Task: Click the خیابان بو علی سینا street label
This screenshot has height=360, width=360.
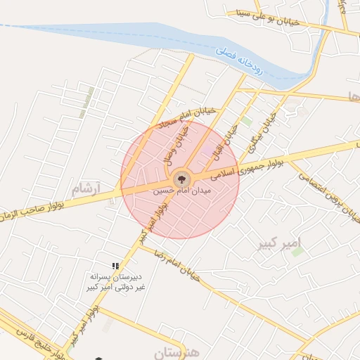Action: coord(270,17)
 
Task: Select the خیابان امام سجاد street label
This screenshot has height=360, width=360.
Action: coord(171,113)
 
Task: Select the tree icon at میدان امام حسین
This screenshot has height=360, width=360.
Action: coord(181,178)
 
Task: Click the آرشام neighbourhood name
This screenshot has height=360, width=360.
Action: coord(87,188)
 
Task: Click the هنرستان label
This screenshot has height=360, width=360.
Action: coord(176,350)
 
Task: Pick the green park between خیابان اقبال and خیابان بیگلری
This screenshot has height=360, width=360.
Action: coord(247,121)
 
